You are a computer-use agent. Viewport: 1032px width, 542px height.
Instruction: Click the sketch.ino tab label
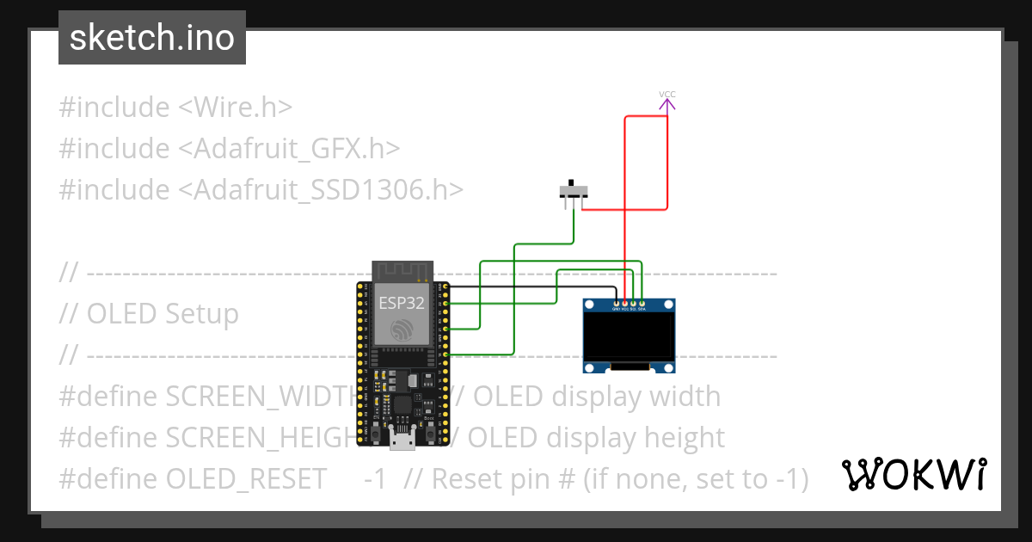pyautogui.click(x=151, y=38)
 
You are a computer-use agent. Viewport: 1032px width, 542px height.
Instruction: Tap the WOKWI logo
pyautogui.click(x=912, y=474)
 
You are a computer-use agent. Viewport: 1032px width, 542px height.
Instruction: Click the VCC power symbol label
pyautogui.click(x=667, y=94)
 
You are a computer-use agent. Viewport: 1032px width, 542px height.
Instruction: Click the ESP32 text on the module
pyautogui.click(x=402, y=303)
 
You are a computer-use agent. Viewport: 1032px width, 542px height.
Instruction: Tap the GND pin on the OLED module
pyautogui.click(x=617, y=303)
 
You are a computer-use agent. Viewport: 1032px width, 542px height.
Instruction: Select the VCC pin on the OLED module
pyautogui.click(x=625, y=303)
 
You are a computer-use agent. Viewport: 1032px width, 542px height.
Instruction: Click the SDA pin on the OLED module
pyautogui.click(x=642, y=303)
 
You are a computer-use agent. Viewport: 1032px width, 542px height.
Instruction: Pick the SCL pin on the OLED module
pyautogui.click(x=633, y=303)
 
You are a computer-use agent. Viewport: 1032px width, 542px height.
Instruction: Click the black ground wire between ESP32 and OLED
pyautogui.click(x=533, y=286)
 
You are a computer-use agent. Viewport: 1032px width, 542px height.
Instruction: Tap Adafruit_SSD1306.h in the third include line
pyautogui.click(x=327, y=190)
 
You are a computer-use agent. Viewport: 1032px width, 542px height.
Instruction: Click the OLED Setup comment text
pyautogui.click(x=162, y=314)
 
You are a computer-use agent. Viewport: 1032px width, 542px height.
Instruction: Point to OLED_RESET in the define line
pyautogui.click(x=246, y=478)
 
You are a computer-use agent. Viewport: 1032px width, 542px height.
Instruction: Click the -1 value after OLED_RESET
pyautogui.click(x=375, y=478)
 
